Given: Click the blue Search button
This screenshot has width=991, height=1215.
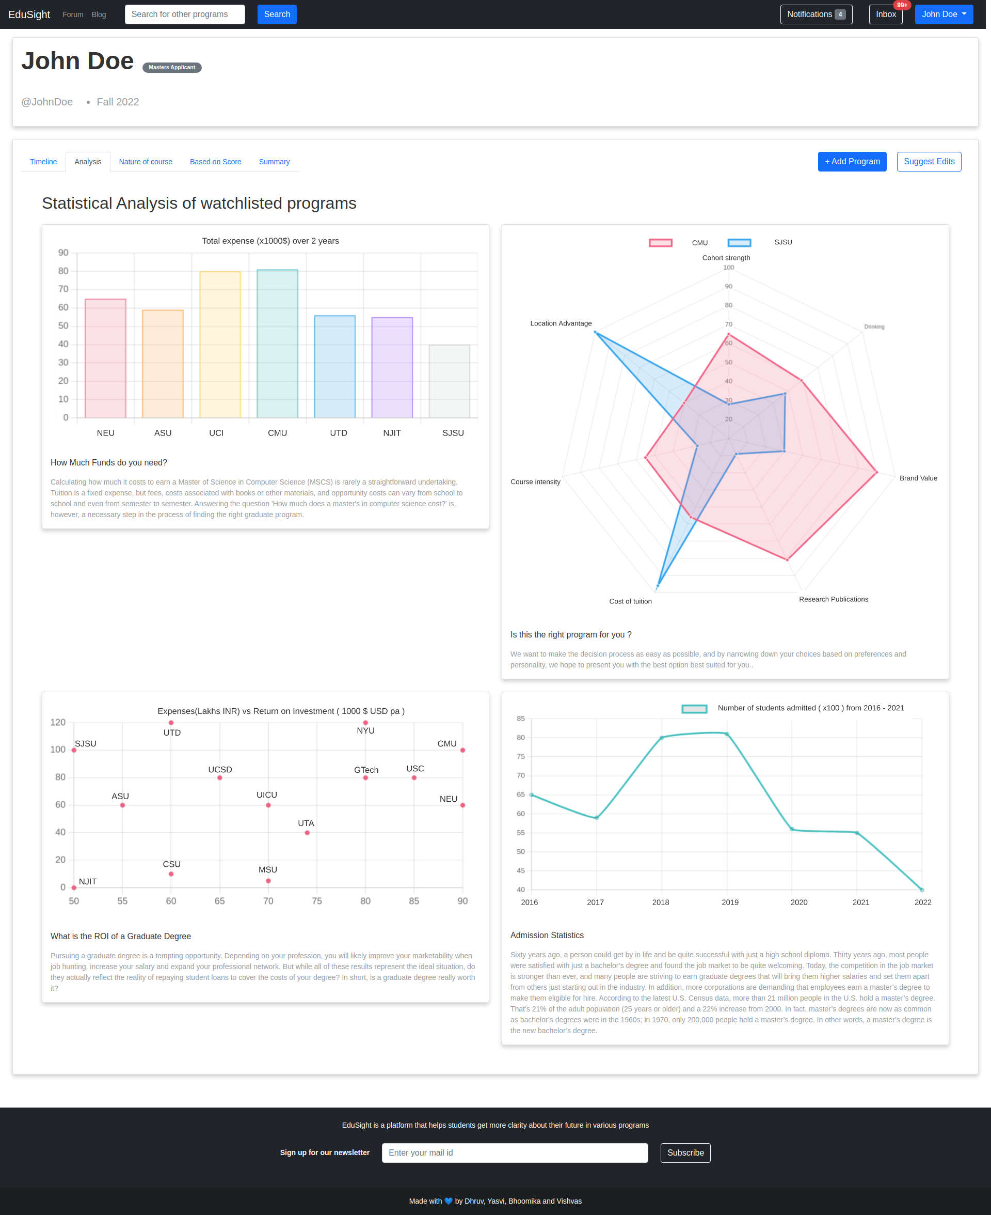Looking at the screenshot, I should pyautogui.click(x=277, y=14).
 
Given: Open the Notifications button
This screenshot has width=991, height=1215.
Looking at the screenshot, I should pyautogui.click(x=816, y=14).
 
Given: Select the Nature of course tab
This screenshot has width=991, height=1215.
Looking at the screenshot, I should pyautogui.click(x=146, y=162).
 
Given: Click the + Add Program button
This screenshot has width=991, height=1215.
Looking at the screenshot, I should pyautogui.click(x=852, y=162).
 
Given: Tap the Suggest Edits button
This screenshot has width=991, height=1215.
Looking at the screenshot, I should pyautogui.click(x=929, y=162).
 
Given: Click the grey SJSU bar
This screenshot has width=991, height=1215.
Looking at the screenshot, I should pyautogui.click(x=449, y=381).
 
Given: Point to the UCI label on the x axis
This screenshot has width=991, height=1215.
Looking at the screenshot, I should pyautogui.click(x=216, y=433).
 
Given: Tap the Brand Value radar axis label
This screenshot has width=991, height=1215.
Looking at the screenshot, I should pyautogui.click(x=918, y=478).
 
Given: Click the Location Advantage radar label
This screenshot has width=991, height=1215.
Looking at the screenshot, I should pyautogui.click(x=561, y=323).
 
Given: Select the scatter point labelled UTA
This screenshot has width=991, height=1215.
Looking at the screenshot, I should pyautogui.click(x=307, y=833).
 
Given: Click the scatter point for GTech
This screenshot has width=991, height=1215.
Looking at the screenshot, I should pyautogui.click(x=365, y=778).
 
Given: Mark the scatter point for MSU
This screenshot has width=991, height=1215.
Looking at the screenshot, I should pyautogui.click(x=268, y=881).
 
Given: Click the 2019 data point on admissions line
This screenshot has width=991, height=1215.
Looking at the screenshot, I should pyautogui.click(x=727, y=734).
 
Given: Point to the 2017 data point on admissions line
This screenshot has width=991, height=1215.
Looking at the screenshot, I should pyautogui.click(x=597, y=817).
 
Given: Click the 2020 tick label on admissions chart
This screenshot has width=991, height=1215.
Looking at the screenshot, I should pyautogui.click(x=798, y=902).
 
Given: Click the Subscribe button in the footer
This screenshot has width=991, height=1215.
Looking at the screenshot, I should pyautogui.click(x=685, y=1152).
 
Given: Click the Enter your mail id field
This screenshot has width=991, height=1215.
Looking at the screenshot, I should pyautogui.click(x=514, y=1152).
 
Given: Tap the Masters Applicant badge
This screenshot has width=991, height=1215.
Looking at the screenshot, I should pyautogui.click(x=172, y=67).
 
